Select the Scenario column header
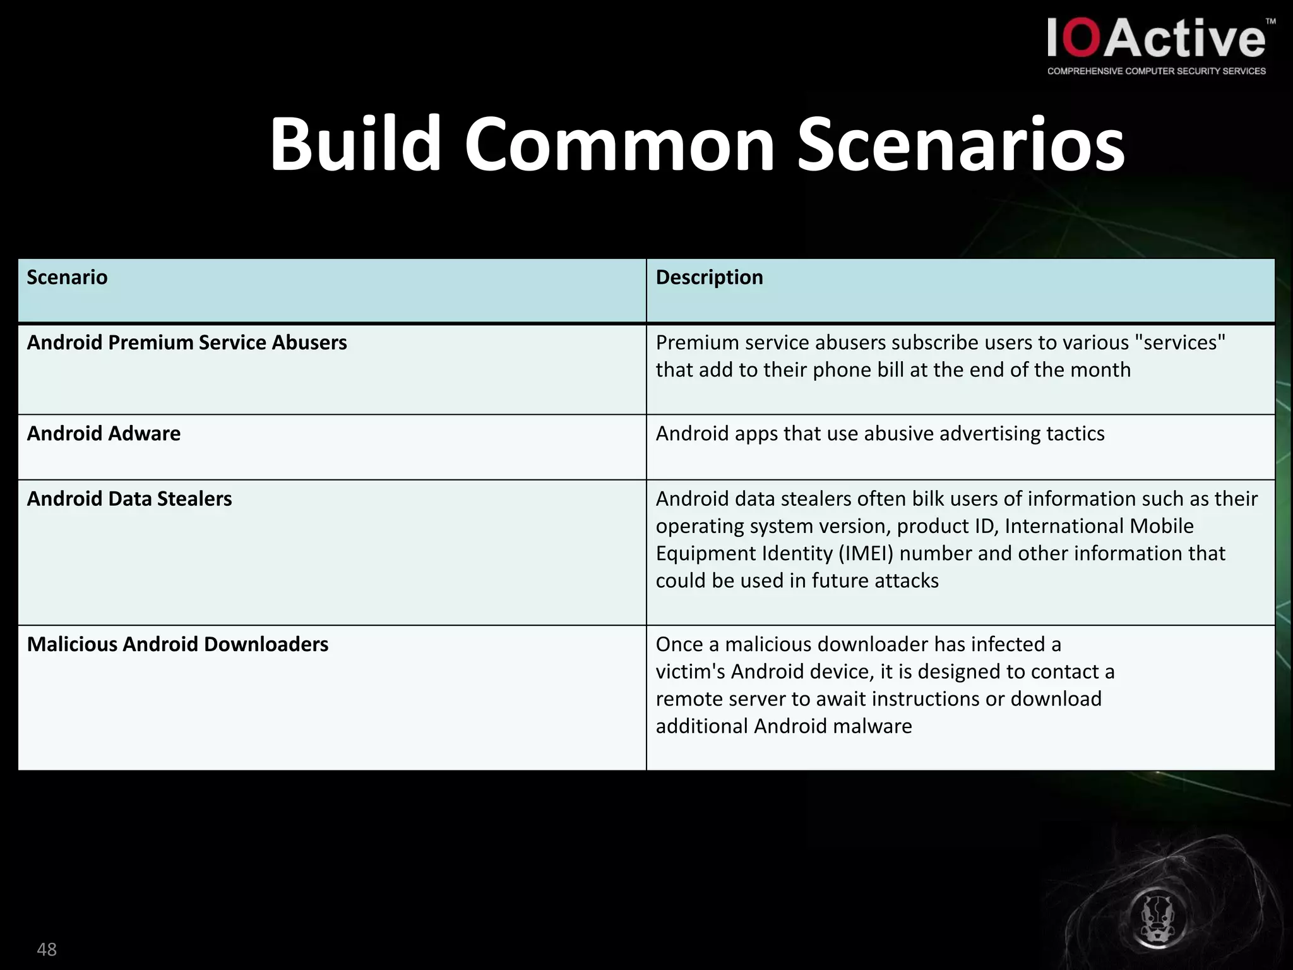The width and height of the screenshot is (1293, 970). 67,277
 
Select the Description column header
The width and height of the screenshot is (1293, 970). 709,277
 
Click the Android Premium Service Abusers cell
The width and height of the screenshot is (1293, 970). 187,342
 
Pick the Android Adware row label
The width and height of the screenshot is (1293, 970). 104,433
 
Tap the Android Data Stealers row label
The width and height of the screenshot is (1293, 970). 129,499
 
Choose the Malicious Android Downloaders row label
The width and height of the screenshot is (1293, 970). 177,644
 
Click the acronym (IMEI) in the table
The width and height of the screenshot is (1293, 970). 866,553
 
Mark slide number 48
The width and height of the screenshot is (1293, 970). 47,949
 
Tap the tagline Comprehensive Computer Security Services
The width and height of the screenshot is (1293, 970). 1157,71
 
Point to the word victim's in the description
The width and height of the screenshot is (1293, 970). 690,671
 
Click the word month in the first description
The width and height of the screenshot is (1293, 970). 1100,369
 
